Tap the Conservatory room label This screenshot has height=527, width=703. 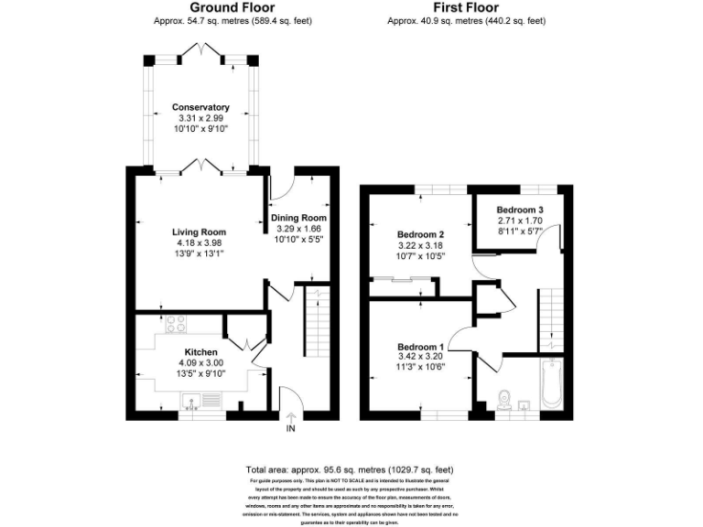(200, 108)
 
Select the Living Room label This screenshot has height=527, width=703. (200, 231)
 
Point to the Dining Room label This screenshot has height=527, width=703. (298, 217)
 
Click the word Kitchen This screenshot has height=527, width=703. (200, 351)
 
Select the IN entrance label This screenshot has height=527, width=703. (291, 428)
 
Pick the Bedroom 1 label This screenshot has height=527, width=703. (420, 347)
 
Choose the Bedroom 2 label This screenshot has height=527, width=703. (421, 233)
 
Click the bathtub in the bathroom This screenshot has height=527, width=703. (549, 385)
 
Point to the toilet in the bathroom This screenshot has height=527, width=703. (501, 400)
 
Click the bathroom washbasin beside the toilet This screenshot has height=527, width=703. (525, 403)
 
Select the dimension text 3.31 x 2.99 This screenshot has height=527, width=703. (200, 119)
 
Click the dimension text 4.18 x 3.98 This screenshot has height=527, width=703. (200, 242)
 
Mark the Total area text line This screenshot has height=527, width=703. (351, 468)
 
